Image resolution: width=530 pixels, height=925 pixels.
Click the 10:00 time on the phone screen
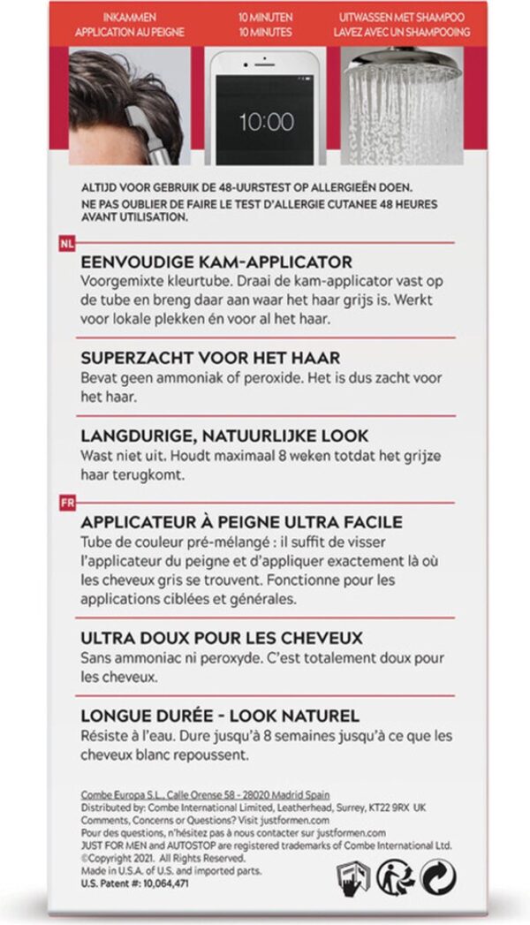(x=266, y=122)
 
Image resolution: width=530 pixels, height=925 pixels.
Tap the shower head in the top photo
(x=403, y=61)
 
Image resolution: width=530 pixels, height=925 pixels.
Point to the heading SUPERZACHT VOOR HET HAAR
(x=210, y=358)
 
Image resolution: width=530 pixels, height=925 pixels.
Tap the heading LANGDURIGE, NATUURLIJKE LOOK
(x=224, y=436)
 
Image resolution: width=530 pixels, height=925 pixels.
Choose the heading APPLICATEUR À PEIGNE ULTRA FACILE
(x=241, y=522)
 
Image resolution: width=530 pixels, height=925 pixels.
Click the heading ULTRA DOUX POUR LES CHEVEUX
(x=222, y=638)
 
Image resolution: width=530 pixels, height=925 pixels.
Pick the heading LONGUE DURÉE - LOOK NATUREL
(x=220, y=716)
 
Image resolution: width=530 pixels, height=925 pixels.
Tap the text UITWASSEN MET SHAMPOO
(x=402, y=17)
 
